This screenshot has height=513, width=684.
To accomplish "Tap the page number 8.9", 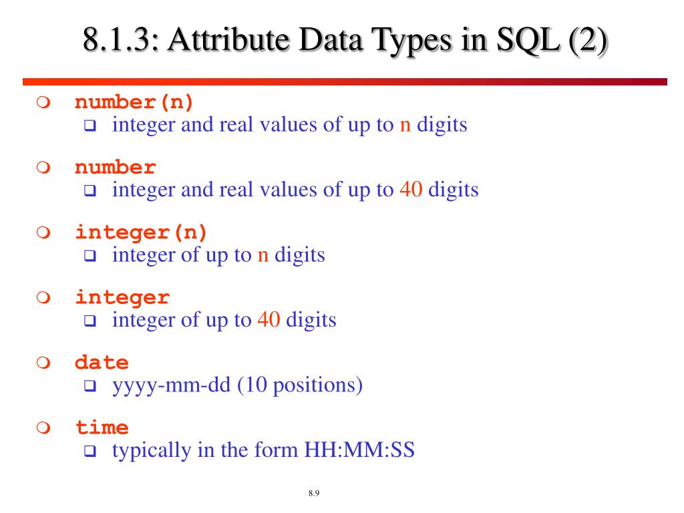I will click(x=315, y=494).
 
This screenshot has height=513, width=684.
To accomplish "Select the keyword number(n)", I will click(x=134, y=103).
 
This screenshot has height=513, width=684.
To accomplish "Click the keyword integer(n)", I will click(x=142, y=232).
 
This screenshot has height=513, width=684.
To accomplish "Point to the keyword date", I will click(x=102, y=363).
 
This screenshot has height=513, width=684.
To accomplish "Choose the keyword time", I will click(x=102, y=427).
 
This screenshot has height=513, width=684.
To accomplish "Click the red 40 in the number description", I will click(x=411, y=190).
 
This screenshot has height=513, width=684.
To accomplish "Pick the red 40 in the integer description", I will click(x=269, y=320).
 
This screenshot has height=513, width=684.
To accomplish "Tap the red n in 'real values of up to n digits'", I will click(x=405, y=125).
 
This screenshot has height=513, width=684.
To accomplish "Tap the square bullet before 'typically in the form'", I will click(x=90, y=452).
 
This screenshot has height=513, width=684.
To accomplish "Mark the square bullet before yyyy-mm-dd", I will click(x=90, y=387).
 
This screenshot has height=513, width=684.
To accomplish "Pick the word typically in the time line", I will click(x=152, y=450).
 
